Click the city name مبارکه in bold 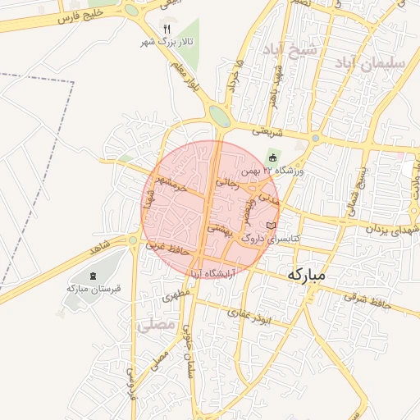tap(308, 275)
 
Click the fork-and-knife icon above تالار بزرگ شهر tap(167, 29)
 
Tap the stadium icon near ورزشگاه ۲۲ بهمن tap(273, 157)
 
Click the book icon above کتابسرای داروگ tap(272, 226)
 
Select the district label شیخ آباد tap(290, 50)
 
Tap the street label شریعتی tap(267, 130)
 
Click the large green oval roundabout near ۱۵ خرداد tap(219, 115)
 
